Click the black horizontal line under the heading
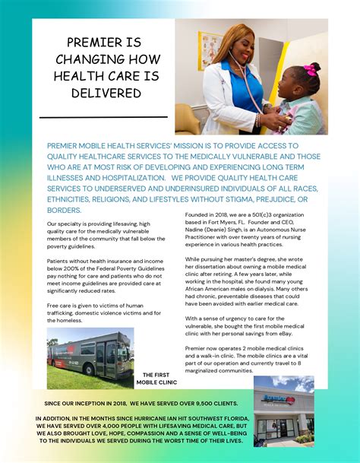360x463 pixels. click(103, 117)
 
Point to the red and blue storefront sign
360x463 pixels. click(282, 398)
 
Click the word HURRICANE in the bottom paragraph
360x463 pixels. click(166, 417)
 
